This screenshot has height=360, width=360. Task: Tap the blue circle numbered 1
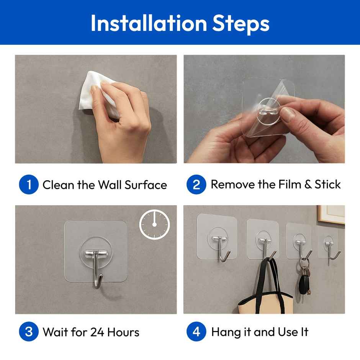[29, 185]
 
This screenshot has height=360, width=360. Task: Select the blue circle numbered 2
[196, 185]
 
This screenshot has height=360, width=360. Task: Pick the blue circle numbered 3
[29, 332]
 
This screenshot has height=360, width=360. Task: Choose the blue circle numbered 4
[196, 332]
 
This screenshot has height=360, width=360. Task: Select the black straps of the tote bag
[268, 276]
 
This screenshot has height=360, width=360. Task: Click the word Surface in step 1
[146, 185]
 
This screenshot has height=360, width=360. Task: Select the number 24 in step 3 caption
[98, 332]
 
